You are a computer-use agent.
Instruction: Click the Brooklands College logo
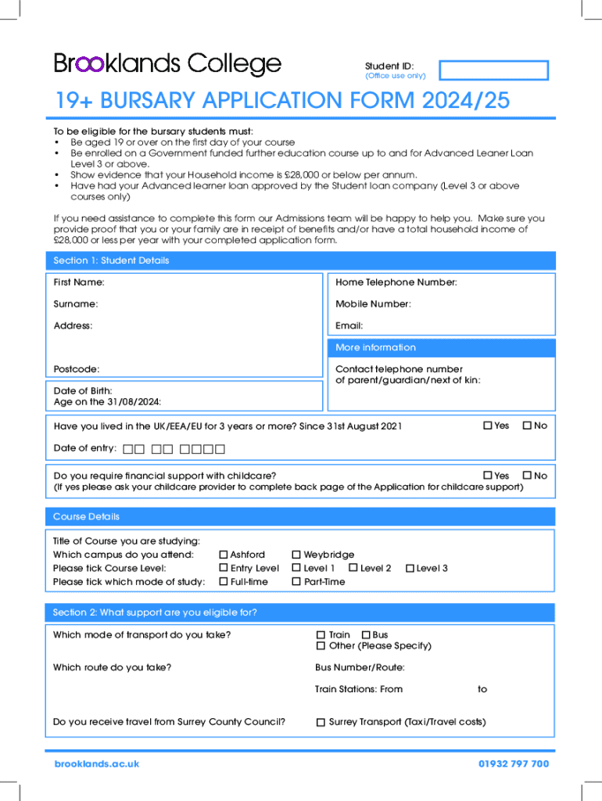tap(167, 63)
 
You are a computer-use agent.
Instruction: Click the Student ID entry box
tap(493, 70)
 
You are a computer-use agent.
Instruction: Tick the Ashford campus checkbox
tap(224, 555)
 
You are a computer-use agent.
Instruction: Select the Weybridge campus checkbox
tap(296, 555)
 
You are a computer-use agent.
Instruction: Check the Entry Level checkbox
tap(224, 568)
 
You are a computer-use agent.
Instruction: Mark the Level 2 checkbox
tap(353, 568)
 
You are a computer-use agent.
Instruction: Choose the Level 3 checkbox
tap(410, 568)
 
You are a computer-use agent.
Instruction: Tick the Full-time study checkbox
tap(224, 581)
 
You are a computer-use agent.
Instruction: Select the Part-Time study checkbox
tap(296, 581)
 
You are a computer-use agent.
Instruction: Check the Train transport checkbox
tap(321, 634)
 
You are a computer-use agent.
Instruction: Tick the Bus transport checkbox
tap(366, 634)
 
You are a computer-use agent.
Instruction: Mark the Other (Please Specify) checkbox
tap(321, 645)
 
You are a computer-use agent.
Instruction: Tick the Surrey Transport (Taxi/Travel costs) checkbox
tap(321, 722)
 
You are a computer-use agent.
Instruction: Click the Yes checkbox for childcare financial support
tap(487, 475)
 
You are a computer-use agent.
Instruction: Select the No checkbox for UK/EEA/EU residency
tap(527, 426)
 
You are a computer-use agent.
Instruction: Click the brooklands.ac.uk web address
tap(96, 763)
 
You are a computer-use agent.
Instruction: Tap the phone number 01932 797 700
tap(514, 763)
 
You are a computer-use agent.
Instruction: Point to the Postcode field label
tap(76, 368)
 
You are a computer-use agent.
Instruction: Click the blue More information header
tap(375, 347)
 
